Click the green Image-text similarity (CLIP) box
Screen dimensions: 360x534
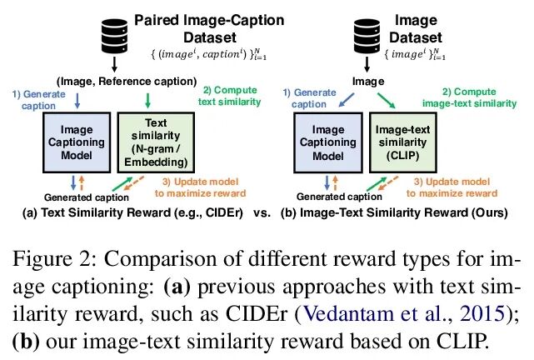(404, 142)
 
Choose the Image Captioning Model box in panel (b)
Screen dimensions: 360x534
(327, 142)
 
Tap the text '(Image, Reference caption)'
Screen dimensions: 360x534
(126, 81)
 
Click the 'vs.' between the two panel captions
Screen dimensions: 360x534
(261, 213)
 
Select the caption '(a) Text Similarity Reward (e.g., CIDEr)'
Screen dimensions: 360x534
(129, 213)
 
